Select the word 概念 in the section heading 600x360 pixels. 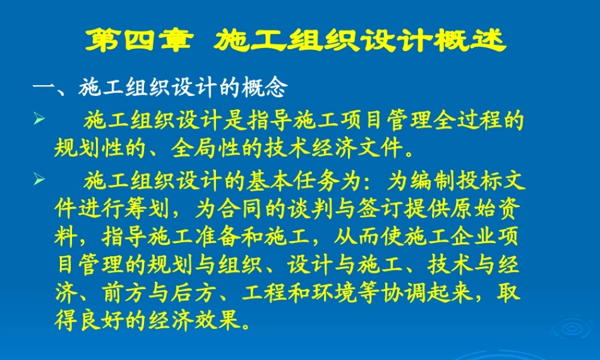click(265, 89)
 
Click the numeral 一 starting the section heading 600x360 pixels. click(44, 89)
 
